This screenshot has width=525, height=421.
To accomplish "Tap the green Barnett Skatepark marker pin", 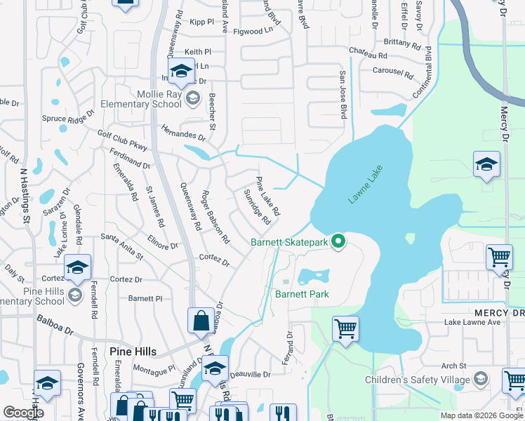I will [338, 242].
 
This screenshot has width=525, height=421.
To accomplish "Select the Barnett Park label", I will [302, 294].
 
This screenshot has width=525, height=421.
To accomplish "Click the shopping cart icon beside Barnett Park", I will [345, 328].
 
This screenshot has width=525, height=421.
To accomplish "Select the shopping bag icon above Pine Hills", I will [201, 321].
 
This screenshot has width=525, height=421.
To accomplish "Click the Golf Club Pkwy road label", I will [122, 140].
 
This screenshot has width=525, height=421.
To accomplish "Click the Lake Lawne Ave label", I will [472, 323].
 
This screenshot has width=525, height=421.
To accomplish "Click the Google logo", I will [23, 413].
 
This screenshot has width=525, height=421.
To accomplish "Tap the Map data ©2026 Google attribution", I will [481, 415].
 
